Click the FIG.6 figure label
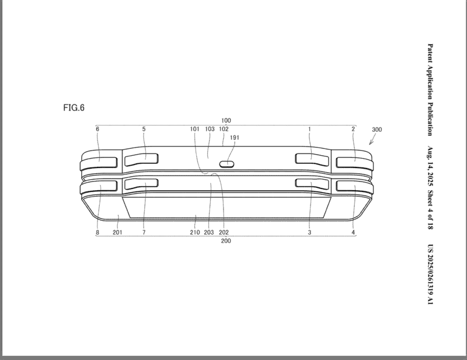(x=74, y=107)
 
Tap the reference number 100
(x=226, y=120)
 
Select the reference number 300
(x=377, y=130)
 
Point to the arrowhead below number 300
(x=370, y=143)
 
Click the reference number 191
(x=235, y=138)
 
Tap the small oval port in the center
(x=228, y=163)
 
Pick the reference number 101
(x=194, y=129)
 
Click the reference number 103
(x=210, y=129)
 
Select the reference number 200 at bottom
(x=226, y=240)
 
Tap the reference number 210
(x=195, y=232)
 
